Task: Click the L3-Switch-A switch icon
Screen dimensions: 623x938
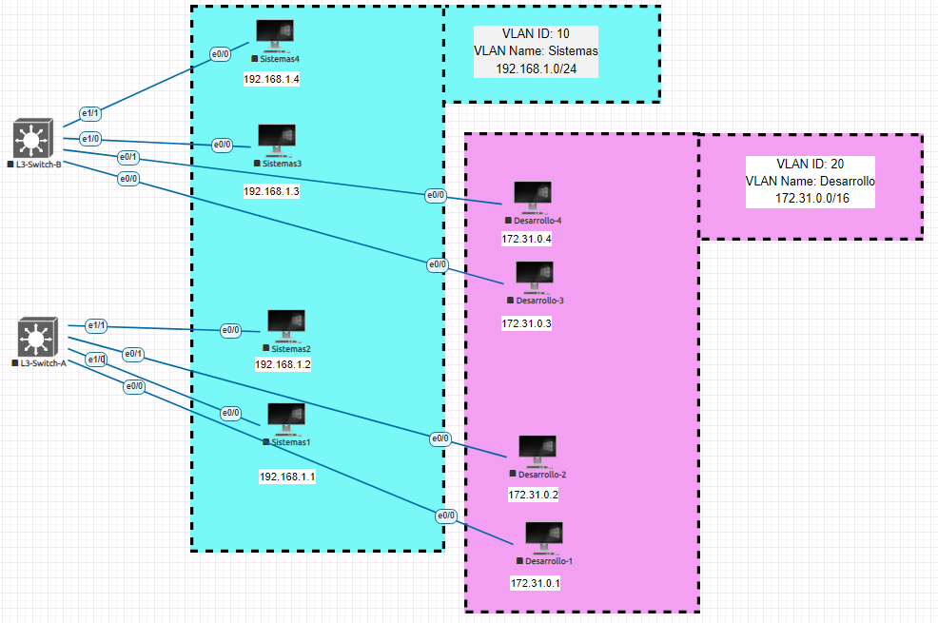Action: tap(37, 338)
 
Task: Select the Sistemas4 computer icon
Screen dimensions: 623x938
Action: tap(275, 35)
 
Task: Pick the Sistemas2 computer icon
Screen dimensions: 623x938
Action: tap(285, 325)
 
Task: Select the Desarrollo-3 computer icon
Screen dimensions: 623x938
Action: tap(534, 277)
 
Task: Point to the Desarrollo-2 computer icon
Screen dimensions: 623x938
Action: tap(537, 451)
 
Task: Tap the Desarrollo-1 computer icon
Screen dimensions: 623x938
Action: tap(543, 537)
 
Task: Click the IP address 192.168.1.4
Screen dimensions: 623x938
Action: tap(271, 79)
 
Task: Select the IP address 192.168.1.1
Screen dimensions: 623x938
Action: tap(286, 477)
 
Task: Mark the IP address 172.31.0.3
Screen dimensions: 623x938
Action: tap(526, 324)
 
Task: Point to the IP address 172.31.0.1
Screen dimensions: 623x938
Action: tap(536, 583)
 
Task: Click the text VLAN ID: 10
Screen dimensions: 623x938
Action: tap(536, 34)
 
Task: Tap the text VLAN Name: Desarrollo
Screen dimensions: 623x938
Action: tap(810, 181)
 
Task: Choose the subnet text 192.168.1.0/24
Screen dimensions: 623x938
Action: tap(536, 69)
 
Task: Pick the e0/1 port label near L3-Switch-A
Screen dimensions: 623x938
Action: tap(133, 355)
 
